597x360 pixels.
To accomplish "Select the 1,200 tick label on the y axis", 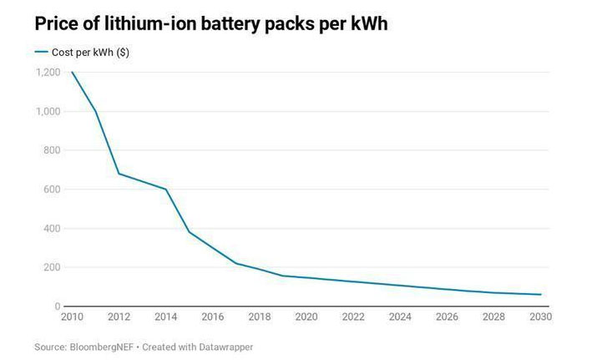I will (x=48, y=73).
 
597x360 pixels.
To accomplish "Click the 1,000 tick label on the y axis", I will (x=48, y=112).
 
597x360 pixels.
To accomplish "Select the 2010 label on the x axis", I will (x=72, y=317).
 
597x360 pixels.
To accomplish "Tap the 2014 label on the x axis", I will (x=166, y=317).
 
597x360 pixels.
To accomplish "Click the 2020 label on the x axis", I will (x=307, y=317).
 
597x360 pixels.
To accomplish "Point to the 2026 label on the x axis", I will (x=448, y=317).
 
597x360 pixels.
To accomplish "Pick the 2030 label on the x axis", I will (x=540, y=317).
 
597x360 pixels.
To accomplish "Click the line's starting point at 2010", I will (x=72, y=73).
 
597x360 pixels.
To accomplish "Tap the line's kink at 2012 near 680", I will (x=119, y=174).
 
